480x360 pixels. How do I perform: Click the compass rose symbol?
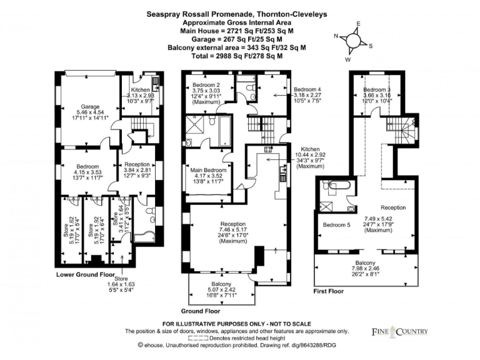tap(353, 41)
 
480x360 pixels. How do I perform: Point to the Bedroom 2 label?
tap(206, 84)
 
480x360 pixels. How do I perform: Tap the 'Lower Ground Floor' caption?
tap(85, 274)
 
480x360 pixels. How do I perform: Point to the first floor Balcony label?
tap(366, 262)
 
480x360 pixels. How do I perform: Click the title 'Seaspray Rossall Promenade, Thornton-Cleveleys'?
tap(240, 12)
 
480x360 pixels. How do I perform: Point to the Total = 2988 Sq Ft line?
tap(240, 56)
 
